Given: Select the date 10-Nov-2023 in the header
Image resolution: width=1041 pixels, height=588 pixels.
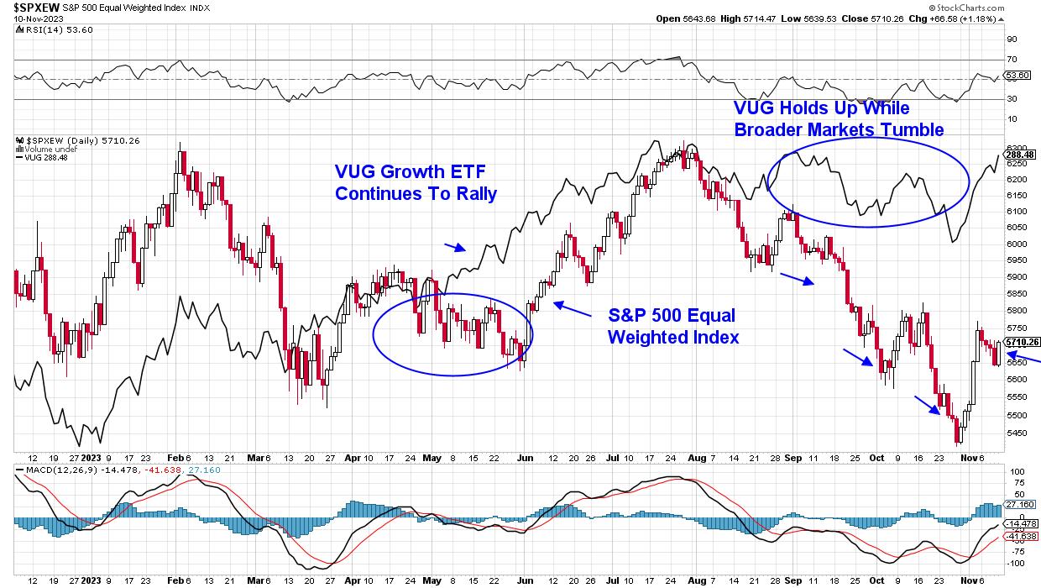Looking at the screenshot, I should point(26,18).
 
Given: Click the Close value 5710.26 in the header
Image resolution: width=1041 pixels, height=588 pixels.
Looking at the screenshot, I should point(876,18).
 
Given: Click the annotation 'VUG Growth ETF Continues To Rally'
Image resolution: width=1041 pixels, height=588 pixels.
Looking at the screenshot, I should point(415,182).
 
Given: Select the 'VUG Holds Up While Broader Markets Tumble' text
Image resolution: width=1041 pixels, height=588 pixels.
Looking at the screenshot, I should point(839,119).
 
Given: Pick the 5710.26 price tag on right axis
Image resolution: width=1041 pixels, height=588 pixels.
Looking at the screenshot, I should point(1023,342).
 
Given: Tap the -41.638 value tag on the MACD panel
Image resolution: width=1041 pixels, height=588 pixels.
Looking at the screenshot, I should point(1022,535).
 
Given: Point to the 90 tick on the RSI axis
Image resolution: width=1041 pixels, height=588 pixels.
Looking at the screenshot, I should point(1012,39).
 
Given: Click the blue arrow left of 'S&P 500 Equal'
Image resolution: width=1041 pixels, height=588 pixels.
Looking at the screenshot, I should point(570,310).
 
